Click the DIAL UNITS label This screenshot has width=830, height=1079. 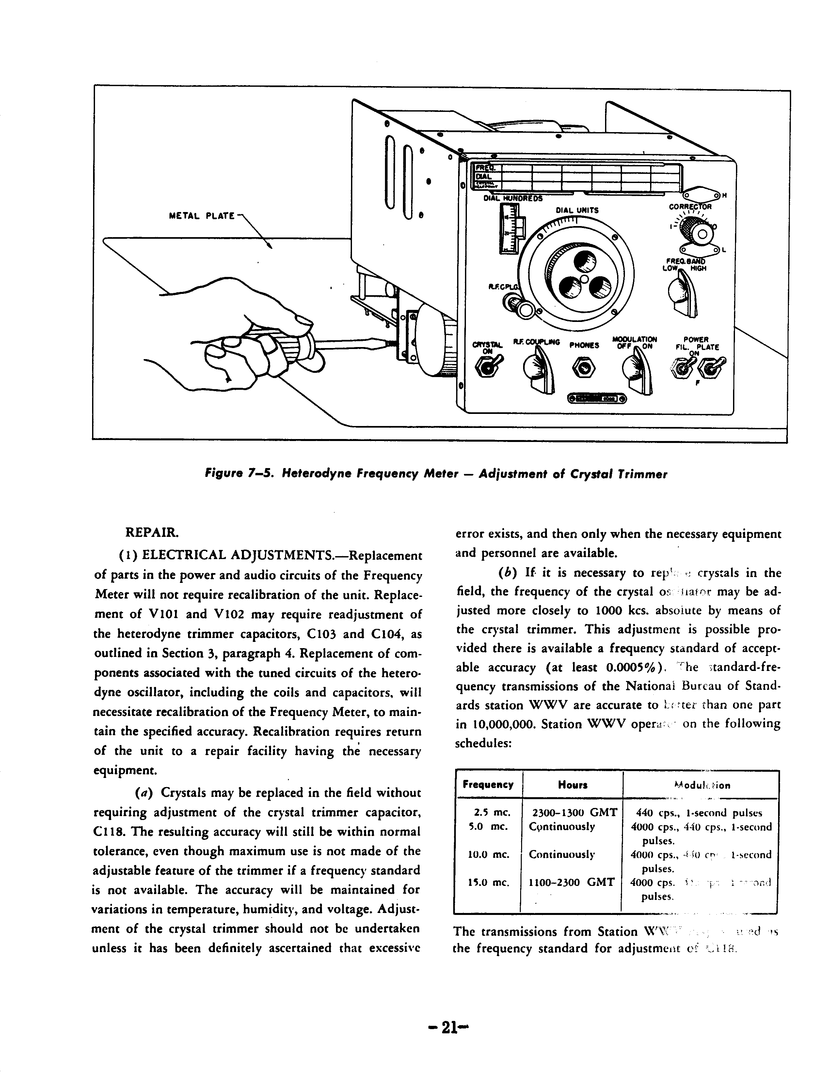(577, 210)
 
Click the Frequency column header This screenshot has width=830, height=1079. (487, 785)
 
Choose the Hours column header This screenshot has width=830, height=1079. (572, 785)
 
